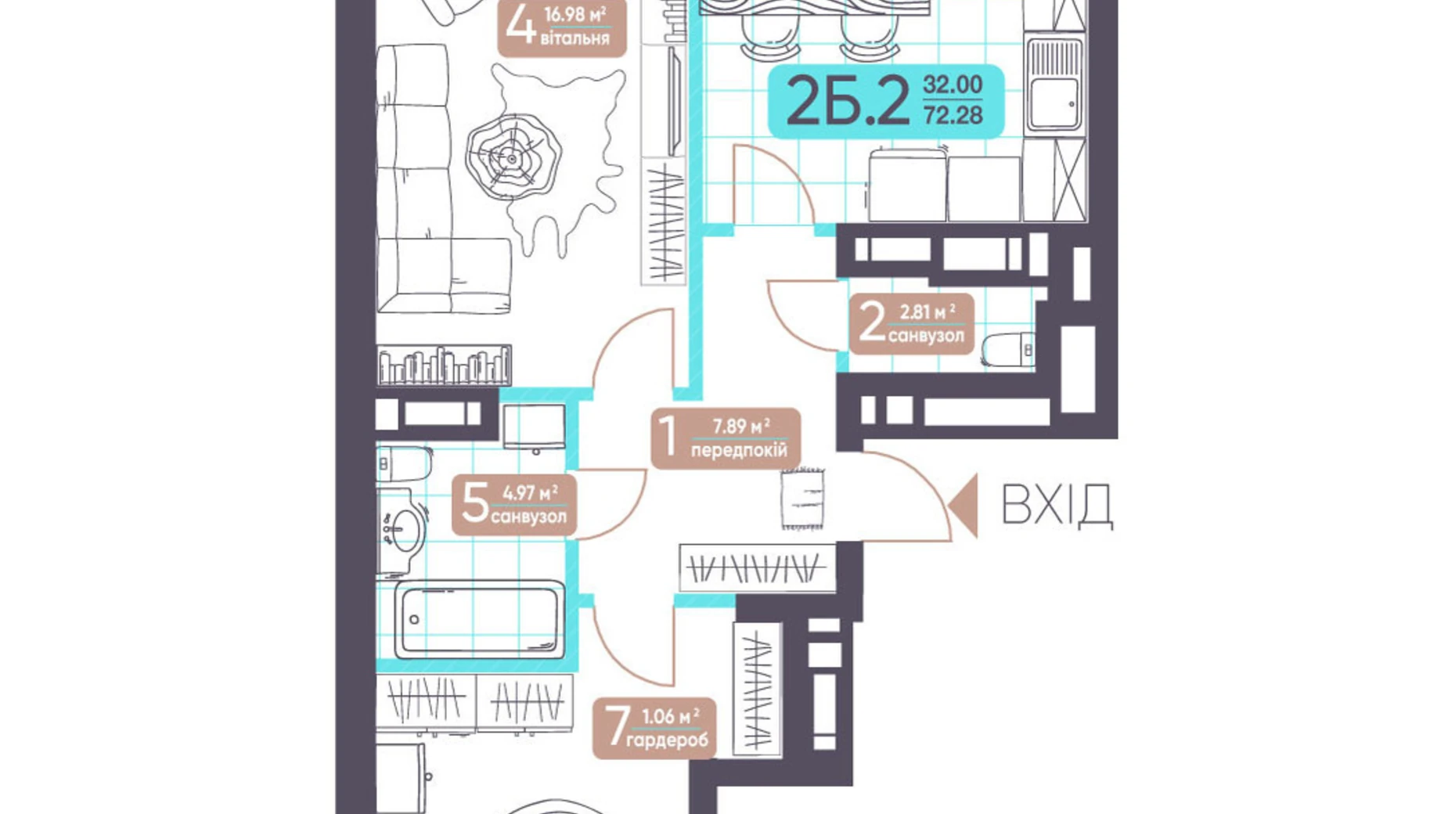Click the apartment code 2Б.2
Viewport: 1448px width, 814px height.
848,102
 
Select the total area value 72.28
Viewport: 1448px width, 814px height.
953,116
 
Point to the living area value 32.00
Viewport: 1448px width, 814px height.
953,84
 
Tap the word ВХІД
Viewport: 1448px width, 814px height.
1057,505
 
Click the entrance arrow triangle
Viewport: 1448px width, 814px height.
964,506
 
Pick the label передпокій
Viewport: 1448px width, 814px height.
739,450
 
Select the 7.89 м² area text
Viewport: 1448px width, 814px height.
740,427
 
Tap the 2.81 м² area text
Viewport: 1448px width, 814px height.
927,312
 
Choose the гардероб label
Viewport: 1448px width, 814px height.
667,740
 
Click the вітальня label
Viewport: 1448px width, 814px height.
575,38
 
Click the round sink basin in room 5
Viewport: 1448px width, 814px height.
405,532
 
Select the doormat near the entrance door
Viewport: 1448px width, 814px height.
802,498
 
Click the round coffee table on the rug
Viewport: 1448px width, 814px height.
513,159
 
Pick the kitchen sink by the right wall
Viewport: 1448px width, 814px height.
1054,85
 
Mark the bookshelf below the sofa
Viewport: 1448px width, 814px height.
444,365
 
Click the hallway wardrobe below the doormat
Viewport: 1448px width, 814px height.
758,567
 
